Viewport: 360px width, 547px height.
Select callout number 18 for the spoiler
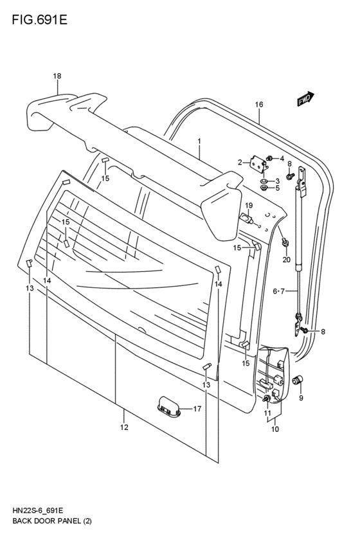tap(57, 76)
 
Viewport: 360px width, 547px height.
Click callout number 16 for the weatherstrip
tap(259, 104)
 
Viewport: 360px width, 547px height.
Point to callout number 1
tap(200, 141)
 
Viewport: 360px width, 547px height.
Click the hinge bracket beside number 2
tap(258, 165)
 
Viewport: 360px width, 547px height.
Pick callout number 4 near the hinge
tap(281, 158)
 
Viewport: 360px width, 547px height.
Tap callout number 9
tap(300, 398)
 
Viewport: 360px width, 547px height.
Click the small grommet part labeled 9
tap(298, 382)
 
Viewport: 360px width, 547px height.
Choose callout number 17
tap(197, 408)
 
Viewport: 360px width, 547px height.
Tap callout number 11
tap(267, 413)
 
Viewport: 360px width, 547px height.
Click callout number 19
tap(249, 205)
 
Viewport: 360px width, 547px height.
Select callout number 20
tap(287, 260)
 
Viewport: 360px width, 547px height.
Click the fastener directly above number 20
tap(285, 242)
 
